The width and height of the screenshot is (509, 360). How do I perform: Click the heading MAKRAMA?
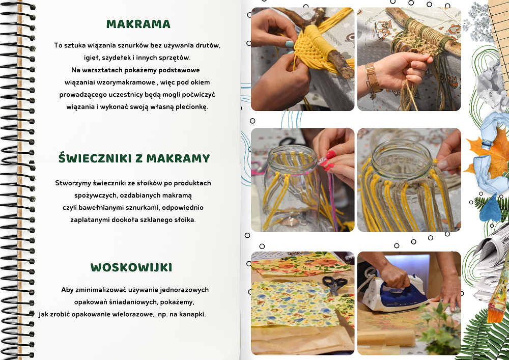138,24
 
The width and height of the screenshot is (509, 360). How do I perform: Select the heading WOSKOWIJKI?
131,267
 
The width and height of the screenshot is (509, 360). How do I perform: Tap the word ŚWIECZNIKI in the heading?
96,158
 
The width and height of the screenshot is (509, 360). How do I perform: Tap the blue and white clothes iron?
394,294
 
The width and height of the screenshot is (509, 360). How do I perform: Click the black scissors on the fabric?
335,284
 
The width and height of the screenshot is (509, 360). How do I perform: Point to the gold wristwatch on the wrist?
373,77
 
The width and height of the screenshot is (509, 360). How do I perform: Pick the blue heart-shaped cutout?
490,208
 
